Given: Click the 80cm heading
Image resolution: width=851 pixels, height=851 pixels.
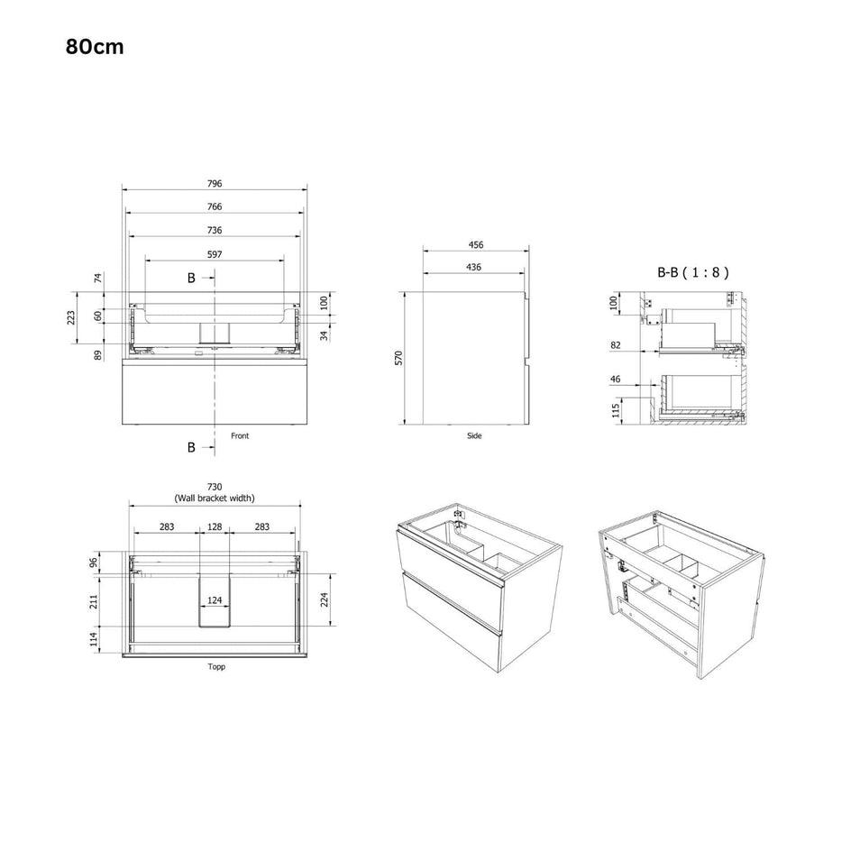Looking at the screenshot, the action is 95,47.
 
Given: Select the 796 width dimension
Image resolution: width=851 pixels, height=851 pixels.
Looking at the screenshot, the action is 215,183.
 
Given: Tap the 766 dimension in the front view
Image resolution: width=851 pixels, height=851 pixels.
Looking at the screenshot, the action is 215,206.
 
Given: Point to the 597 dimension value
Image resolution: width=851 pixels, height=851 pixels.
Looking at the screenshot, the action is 215,254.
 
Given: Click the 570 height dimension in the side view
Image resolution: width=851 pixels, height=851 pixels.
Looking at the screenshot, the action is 398,358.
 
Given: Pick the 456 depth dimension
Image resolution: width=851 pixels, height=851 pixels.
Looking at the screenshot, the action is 476,245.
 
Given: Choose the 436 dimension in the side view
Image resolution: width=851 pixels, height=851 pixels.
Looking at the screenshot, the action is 474,267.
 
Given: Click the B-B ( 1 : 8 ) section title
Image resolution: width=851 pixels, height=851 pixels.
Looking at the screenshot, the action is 693,272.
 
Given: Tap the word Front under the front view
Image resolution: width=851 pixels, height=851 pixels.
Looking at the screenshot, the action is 240,435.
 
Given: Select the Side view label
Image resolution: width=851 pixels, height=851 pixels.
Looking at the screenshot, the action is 474,435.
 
